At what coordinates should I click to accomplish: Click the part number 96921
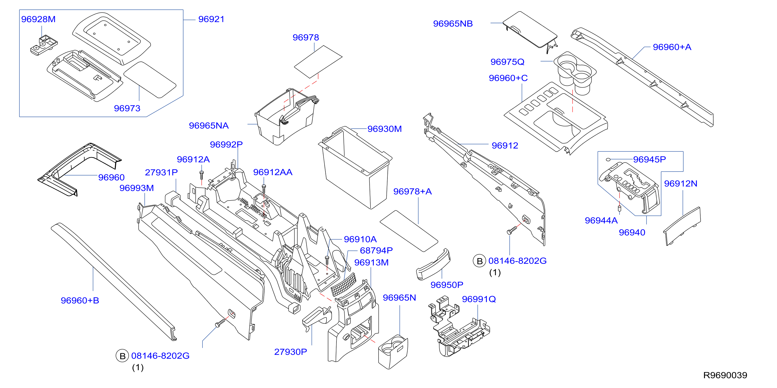pyautogui.click(x=211, y=19)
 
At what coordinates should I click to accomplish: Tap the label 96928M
pyautogui.click(x=38, y=19)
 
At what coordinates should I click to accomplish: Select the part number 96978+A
pyautogui.click(x=412, y=191)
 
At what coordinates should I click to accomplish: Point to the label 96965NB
pyautogui.click(x=453, y=24)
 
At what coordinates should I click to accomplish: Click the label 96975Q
pyautogui.click(x=507, y=62)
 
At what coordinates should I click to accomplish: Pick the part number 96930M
pyautogui.click(x=385, y=129)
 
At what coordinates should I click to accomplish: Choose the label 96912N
pyautogui.click(x=681, y=184)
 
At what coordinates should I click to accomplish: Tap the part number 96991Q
pyautogui.click(x=479, y=299)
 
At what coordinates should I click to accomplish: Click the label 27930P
pyautogui.click(x=290, y=352)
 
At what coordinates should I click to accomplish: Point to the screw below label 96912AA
pyautogui.click(x=264, y=189)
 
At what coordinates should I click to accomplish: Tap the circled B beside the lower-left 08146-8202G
pyautogui.click(x=122, y=356)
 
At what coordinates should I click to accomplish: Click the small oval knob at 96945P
pyautogui.click(x=609, y=159)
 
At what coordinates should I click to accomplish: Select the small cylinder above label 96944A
pyautogui.click(x=620, y=208)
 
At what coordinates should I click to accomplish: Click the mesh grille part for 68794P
pyautogui.click(x=344, y=284)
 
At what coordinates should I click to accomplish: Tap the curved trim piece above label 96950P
pyautogui.click(x=433, y=264)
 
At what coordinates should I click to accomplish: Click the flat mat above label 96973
pyautogui.click(x=150, y=80)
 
